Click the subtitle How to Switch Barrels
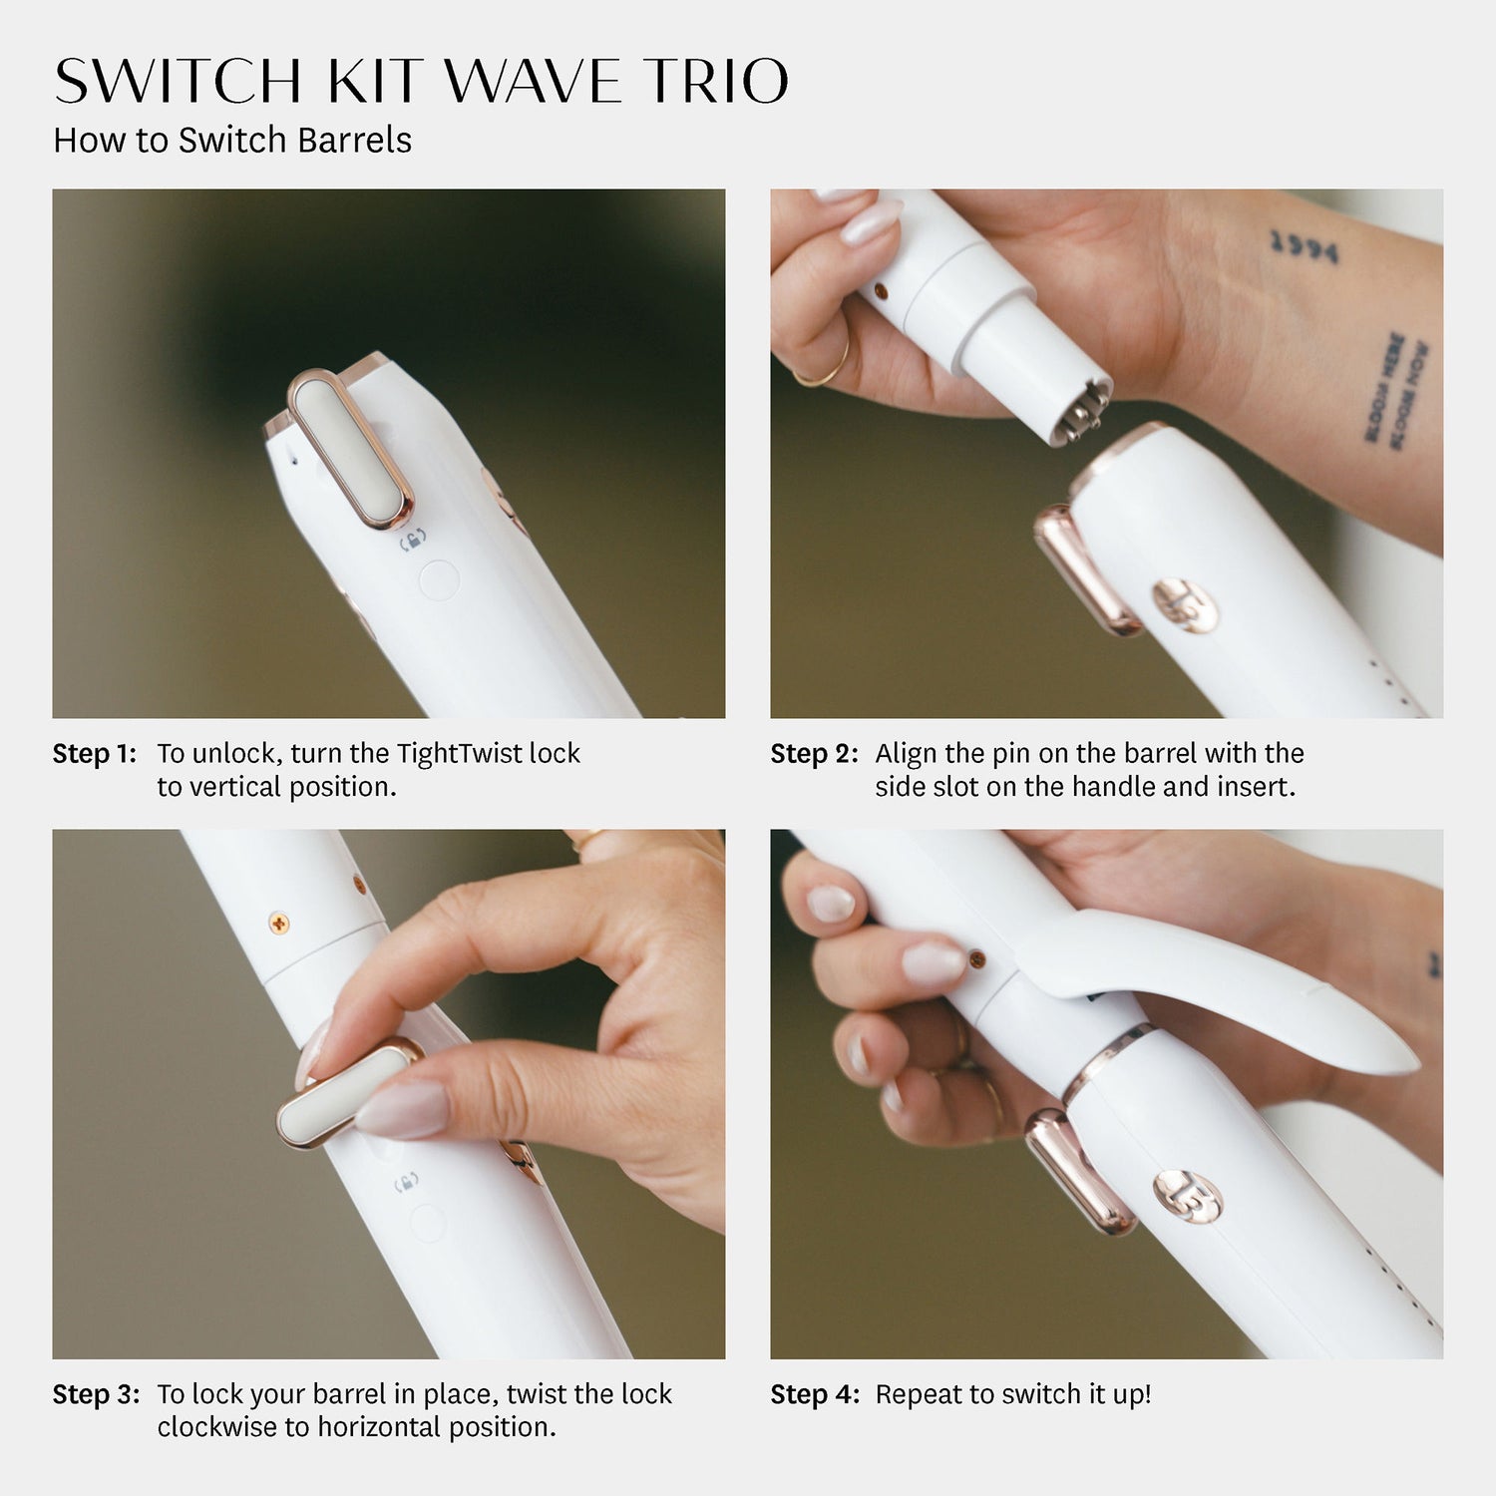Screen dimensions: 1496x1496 click(232, 140)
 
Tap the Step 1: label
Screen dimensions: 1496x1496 click(94, 754)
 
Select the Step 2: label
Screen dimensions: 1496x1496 click(813, 754)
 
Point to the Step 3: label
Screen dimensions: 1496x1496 click(96, 1394)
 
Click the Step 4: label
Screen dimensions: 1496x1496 click(814, 1394)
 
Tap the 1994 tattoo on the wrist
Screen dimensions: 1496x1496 click(1304, 246)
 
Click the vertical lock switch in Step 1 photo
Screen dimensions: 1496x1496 click(349, 449)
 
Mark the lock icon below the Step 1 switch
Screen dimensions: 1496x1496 click(413, 543)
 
